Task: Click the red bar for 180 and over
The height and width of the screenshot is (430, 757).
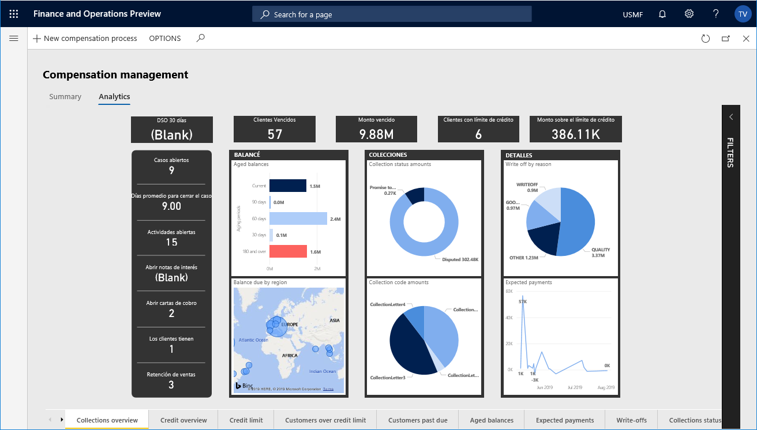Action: point(288,251)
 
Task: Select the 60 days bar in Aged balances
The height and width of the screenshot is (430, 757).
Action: point(298,218)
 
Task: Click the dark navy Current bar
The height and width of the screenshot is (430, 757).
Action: point(287,186)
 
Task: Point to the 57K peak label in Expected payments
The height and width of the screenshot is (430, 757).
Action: point(522,301)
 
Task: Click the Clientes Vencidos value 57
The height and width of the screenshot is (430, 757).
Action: point(275,134)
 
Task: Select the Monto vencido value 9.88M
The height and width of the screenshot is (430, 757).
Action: point(377,134)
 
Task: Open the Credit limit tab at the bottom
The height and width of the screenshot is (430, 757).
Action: point(246,420)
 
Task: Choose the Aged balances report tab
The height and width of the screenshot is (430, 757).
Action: point(492,420)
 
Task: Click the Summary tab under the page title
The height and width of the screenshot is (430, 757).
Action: point(65,97)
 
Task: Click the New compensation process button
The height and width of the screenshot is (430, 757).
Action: point(85,39)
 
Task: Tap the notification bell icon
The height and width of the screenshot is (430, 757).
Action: point(662,14)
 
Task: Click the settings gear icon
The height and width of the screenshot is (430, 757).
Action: point(689,14)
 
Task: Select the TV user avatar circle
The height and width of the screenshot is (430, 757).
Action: point(743,14)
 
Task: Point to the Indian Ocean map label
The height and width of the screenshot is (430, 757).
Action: point(322,371)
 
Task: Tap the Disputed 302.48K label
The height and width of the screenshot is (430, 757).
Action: point(460,259)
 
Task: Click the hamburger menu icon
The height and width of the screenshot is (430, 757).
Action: point(14,39)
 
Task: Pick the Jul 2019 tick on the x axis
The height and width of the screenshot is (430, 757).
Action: point(575,387)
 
